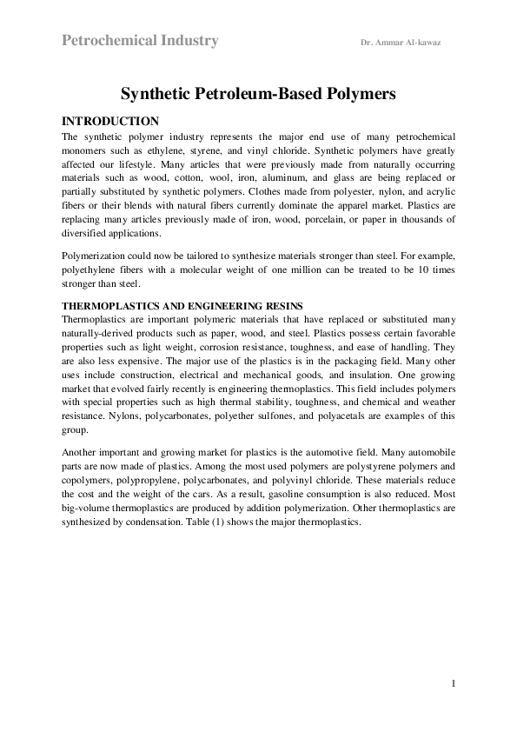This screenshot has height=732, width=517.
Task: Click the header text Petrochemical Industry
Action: tap(140, 41)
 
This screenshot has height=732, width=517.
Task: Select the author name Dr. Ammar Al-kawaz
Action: tap(400, 43)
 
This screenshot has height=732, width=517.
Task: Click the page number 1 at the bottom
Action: tap(454, 684)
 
